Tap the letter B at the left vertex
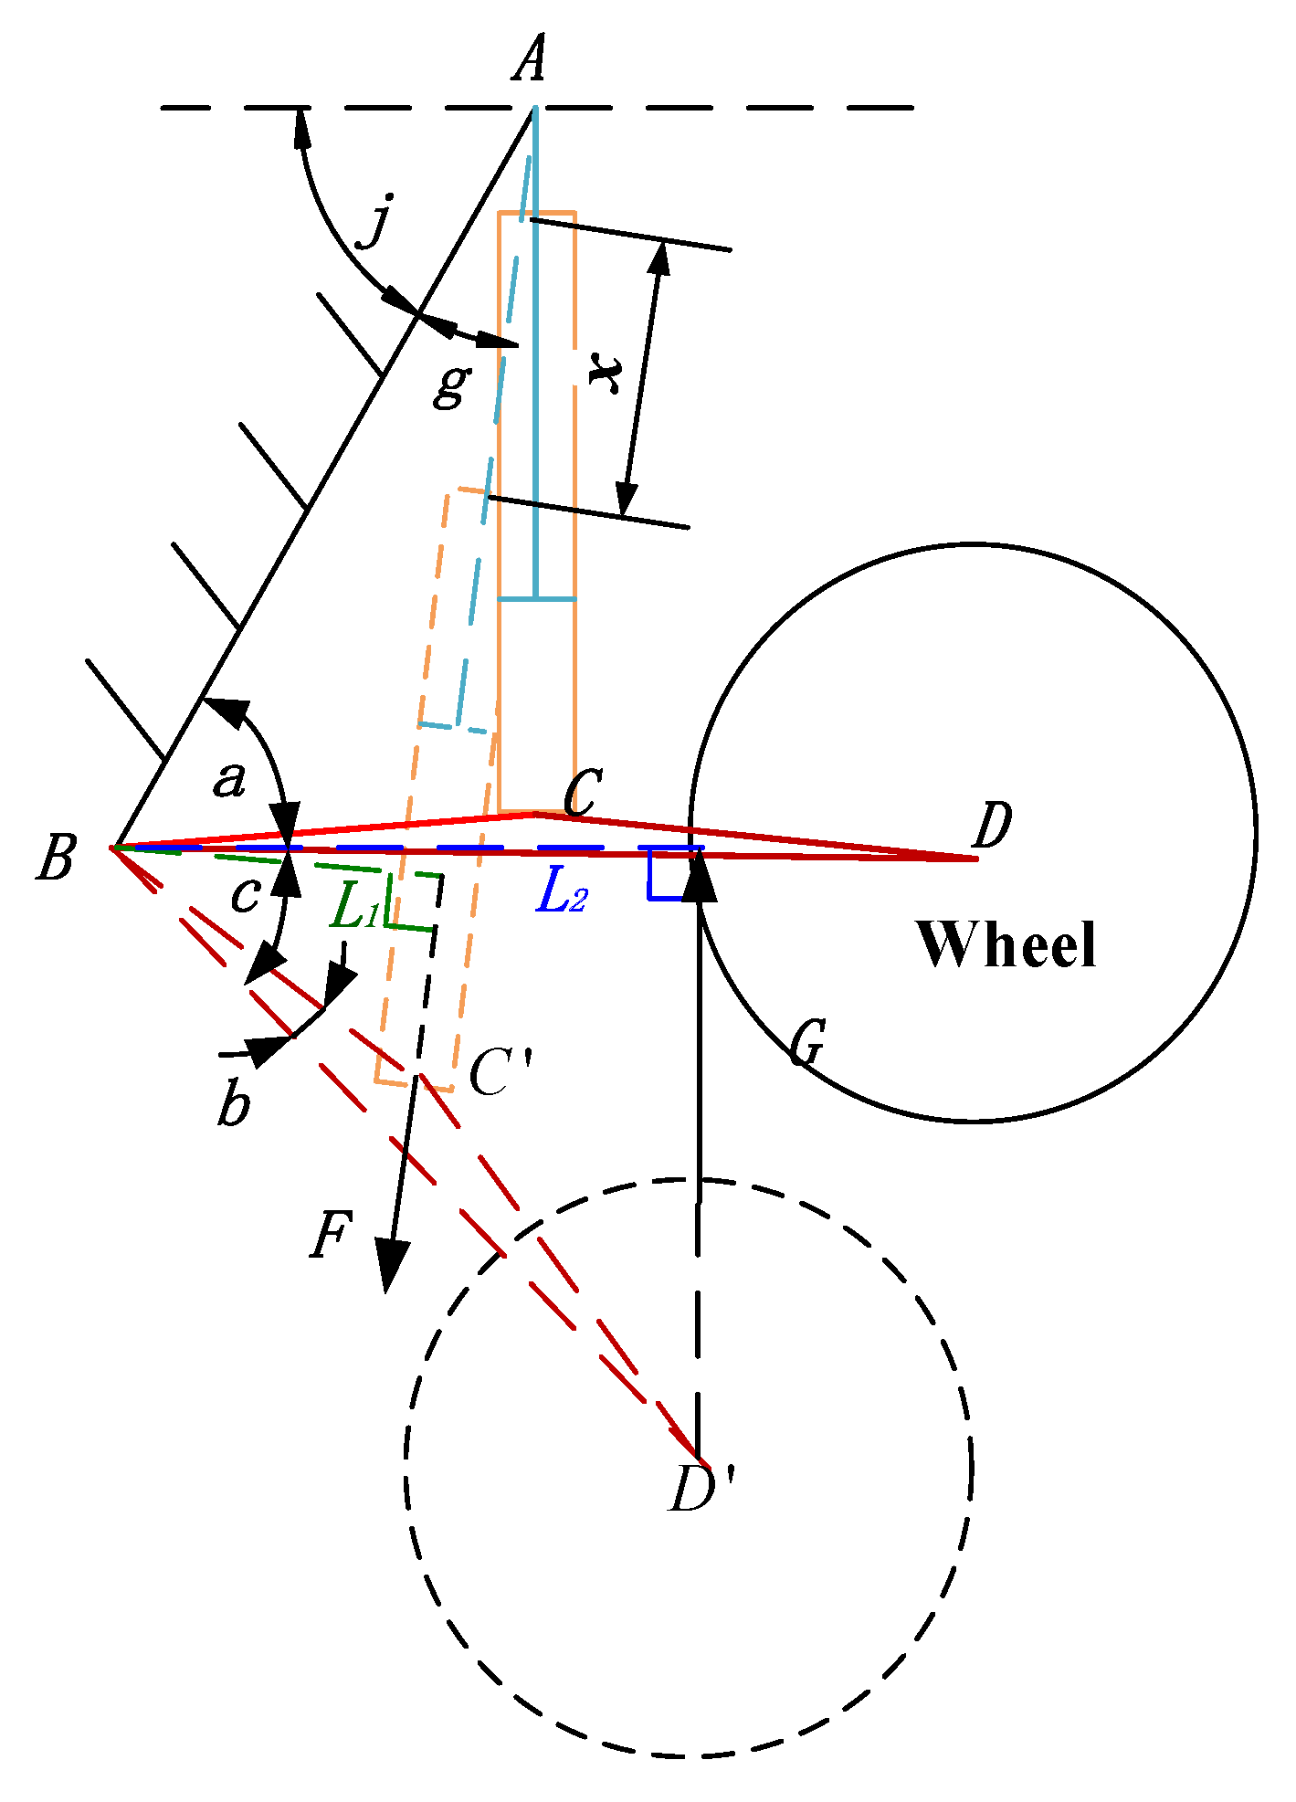pos(56,859)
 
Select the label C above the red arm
pos(582,793)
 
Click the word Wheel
pos(1006,944)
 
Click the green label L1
pos(355,908)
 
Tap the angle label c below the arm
pos(245,896)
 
